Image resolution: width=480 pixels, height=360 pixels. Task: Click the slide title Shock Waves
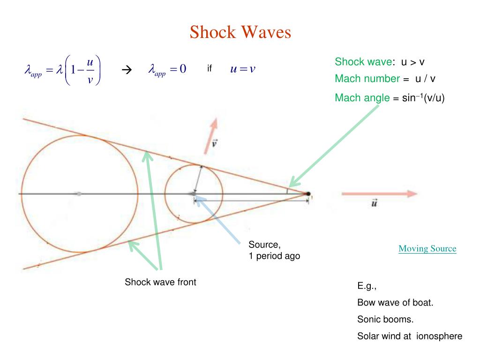pos(240,32)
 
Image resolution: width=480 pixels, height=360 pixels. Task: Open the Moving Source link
pos(427,248)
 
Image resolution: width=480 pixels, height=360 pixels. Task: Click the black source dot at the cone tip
pos(308,194)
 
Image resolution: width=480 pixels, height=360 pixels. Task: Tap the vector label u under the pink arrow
pos(375,204)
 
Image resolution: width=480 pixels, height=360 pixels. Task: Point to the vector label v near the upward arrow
pos(214,143)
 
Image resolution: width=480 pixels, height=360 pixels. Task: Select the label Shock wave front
pos(160,282)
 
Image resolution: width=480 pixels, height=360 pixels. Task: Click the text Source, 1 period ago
pos(274,250)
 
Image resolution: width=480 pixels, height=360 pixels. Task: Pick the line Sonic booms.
pos(385,320)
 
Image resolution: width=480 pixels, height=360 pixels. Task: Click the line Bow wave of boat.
pos(395,303)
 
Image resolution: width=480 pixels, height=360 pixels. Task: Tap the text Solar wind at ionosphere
pos(410,336)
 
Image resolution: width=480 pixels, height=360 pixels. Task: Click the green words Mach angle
pos(362,97)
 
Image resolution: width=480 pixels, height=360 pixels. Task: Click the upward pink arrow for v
pos(210,135)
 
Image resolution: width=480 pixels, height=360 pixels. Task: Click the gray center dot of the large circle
pos(79,194)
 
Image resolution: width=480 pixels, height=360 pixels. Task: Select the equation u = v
pos(242,69)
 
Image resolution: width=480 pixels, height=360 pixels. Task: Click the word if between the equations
pos(210,69)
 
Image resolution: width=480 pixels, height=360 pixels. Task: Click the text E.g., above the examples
pos(367,286)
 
